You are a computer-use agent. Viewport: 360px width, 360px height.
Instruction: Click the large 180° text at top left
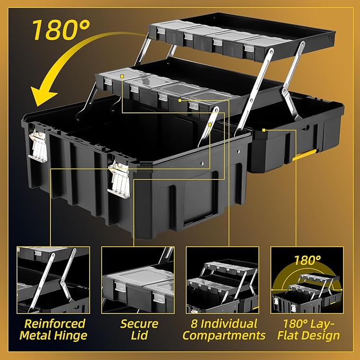click(60, 30)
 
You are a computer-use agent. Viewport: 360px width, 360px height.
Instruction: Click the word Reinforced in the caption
click(55, 324)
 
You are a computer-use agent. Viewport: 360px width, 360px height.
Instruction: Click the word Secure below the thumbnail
click(139, 324)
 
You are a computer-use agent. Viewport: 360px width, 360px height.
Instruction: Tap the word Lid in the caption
click(139, 335)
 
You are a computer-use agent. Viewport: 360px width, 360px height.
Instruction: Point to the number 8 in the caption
click(194, 324)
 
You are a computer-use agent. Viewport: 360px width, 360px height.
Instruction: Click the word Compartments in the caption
click(224, 336)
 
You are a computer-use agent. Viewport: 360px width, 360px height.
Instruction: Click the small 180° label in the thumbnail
click(308, 260)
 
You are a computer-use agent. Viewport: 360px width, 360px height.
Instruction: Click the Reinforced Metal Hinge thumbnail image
click(53, 280)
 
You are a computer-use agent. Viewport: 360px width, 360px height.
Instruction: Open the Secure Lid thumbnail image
click(138, 280)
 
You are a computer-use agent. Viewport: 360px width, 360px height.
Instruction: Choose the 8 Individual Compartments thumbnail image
click(223, 280)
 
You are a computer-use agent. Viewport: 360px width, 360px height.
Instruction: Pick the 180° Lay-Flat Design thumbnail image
click(307, 280)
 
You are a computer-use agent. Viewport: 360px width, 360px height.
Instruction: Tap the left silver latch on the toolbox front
click(38, 145)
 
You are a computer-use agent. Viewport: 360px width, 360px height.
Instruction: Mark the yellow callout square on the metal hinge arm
click(209, 125)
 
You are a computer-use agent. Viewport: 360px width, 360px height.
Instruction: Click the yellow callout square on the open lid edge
click(264, 130)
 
